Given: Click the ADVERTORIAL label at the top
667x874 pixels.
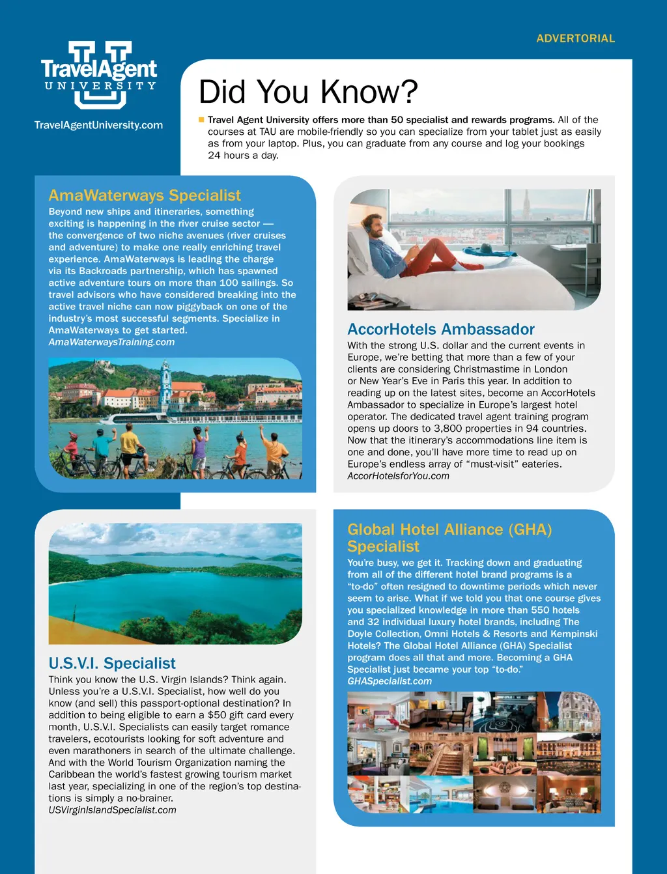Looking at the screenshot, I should [x=575, y=38].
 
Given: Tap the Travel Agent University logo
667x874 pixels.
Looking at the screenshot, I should [x=99, y=74].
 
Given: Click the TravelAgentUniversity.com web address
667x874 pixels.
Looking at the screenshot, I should [x=98, y=125].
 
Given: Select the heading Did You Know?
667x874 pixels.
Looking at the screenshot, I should [x=307, y=92].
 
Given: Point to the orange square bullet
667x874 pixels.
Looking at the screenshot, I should [x=201, y=120].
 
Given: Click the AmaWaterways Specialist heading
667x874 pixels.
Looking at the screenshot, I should [x=145, y=195].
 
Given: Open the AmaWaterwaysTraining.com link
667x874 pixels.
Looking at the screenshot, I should [x=111, y=342].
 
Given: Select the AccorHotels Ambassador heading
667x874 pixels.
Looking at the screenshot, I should [x=441, y=330].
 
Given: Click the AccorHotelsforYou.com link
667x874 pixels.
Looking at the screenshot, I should [x=398, y=476].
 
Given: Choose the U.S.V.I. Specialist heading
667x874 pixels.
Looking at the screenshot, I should [x=112, y=664].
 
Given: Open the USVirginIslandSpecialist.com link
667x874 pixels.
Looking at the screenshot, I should [x=112, y=810].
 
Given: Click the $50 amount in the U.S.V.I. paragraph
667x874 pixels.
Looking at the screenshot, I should [x=217, y=715].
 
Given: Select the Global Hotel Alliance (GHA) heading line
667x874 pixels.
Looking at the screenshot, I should [x=449, y=529].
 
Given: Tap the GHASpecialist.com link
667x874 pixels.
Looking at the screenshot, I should [x=390, y=681].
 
